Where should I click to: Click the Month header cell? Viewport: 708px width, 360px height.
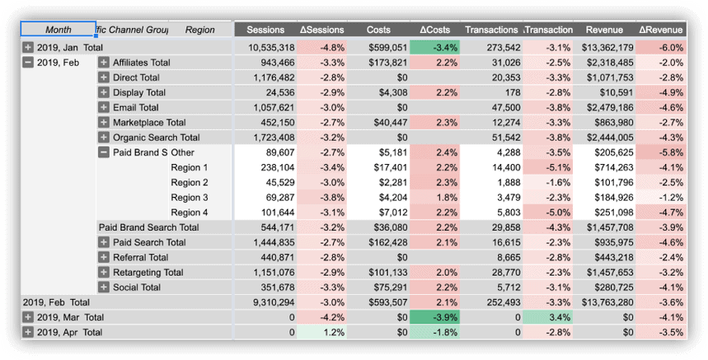(58, 30)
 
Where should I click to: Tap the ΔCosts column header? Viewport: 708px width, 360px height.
(434, 30)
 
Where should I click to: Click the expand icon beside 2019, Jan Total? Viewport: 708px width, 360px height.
(28, 48)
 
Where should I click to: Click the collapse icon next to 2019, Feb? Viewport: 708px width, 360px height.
(28, 63)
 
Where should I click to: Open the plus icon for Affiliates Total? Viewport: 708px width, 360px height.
(104, 63)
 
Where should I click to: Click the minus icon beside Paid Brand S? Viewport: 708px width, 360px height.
(104, 152)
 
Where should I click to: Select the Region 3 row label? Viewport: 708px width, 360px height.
(190, 198)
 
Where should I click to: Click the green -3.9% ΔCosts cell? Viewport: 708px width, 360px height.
(434, 317)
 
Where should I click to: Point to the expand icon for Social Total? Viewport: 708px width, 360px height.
(104, 288)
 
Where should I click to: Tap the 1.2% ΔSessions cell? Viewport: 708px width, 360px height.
(321, 332)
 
